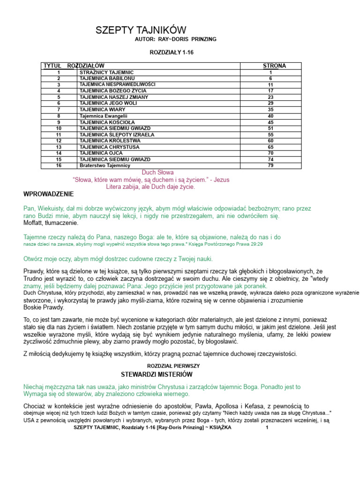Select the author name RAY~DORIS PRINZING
coord(189,39)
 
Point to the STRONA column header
coord(274,66)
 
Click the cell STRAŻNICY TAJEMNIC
coord(107,73)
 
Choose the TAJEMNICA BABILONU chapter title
coord(108,78)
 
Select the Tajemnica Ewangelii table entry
coord(104,116)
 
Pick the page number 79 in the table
coord(270,165)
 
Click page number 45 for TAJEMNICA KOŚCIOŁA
coord(270,122)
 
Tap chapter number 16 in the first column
coord(59,165)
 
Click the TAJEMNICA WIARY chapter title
coord(103,109)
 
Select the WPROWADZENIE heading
coord(48,194)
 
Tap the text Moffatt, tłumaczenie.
coord(51,223)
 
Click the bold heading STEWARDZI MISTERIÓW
coord(157,374)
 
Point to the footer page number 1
coord(267,427)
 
